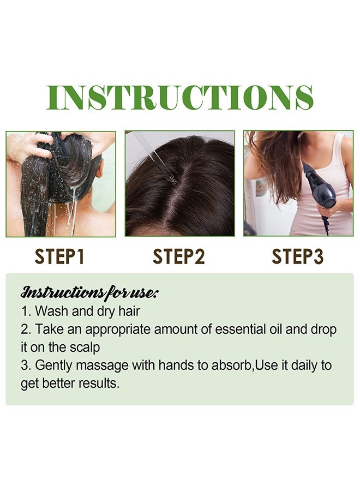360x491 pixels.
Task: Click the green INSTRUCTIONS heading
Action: [179, 98]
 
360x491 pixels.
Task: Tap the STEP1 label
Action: [59, 256]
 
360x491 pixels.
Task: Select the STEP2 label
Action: [179, 256]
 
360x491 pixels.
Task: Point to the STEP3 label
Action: [298, 256]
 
